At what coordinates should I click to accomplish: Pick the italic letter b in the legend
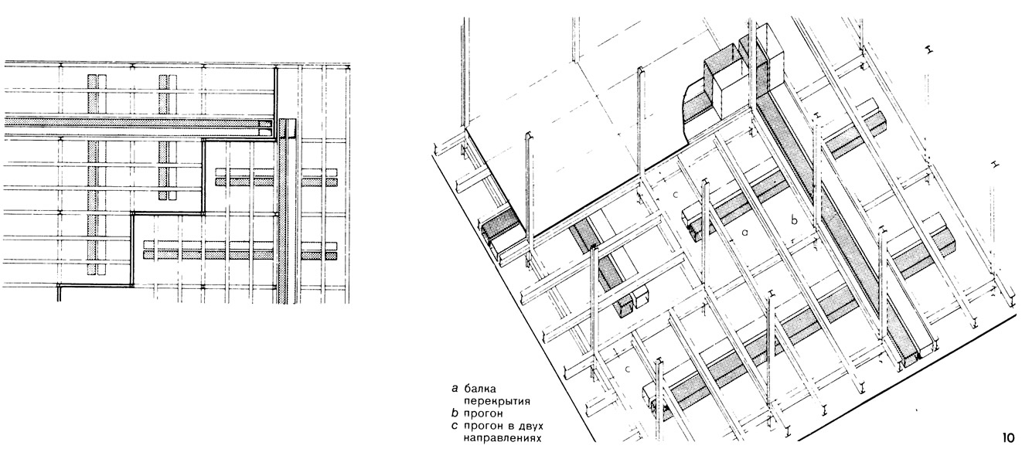point(455,413)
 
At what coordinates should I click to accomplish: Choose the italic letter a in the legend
point(455,389)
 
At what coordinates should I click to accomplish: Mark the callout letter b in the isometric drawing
point(795,219)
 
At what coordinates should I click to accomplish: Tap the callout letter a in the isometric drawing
point(745,233)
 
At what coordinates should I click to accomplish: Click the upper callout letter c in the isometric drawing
point(676,195)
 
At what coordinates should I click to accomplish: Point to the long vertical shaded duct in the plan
point(284,211)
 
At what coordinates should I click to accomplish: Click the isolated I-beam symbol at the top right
point(929,50)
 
